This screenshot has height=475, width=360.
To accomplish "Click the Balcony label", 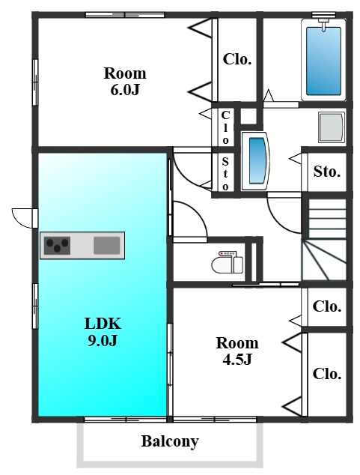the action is [170, 441].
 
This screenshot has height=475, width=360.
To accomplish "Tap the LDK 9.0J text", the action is [103, 332].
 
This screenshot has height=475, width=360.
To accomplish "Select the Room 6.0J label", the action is [125, 81].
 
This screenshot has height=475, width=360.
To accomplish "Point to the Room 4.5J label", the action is [237, 351].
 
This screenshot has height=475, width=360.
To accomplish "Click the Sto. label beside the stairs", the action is [327, 172].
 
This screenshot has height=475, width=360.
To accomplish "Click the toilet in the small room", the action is [228, 261].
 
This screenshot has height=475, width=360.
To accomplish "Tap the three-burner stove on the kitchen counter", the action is [57, 246].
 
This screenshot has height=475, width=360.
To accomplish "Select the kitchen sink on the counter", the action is [107, 246].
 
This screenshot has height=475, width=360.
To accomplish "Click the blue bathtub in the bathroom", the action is [323, 61].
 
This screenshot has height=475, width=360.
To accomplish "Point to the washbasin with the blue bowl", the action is [254, 161].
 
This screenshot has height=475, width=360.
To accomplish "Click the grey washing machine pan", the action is [332, 127].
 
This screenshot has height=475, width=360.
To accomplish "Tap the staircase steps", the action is [324, 239].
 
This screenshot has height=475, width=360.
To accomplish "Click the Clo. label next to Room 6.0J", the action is [237, 59].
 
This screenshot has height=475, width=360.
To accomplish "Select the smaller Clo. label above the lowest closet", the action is [327, 306].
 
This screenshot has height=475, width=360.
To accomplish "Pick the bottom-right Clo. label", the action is [327, 374].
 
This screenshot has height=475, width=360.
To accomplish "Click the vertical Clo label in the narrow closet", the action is [225, 127].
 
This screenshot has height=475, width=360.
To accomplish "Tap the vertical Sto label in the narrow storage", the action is [225, 174].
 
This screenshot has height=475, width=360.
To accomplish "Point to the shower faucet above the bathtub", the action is [323, 24].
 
